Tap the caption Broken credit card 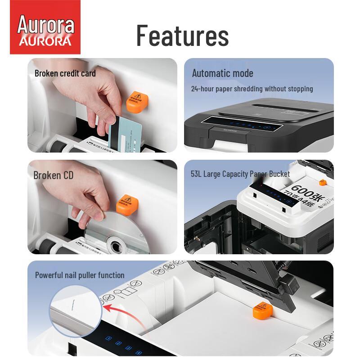[x=65, y=73]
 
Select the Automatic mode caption [x=222, y=73]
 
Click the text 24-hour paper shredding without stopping [x=252, y=89]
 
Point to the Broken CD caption [x=53, y=175]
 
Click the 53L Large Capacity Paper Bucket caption [x=240, y=174]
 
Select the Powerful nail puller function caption [x=80, y=275]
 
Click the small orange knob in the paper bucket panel [x=322, y=183]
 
